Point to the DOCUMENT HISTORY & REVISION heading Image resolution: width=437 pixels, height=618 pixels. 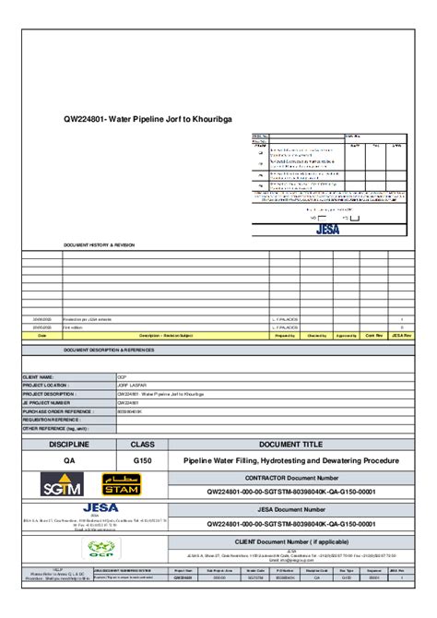coord(99,245)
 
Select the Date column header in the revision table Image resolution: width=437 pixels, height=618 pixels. coord(42,336)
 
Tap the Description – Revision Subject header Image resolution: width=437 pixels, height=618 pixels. coord(166,336)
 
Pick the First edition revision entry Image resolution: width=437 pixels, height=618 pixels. coord(73,327)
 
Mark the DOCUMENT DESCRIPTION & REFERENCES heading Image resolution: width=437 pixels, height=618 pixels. coord(109,351)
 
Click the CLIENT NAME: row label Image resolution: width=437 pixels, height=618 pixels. coord(41,377)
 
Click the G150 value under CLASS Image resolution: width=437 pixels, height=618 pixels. coord(143,459)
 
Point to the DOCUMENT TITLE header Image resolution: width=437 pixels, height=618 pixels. coord(290,444)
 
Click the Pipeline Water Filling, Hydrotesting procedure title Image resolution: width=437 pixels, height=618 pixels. coord(290,459)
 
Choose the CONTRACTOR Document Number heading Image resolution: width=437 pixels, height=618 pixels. coord(290,479)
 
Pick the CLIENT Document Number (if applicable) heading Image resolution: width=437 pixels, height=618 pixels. coord(290,541)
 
